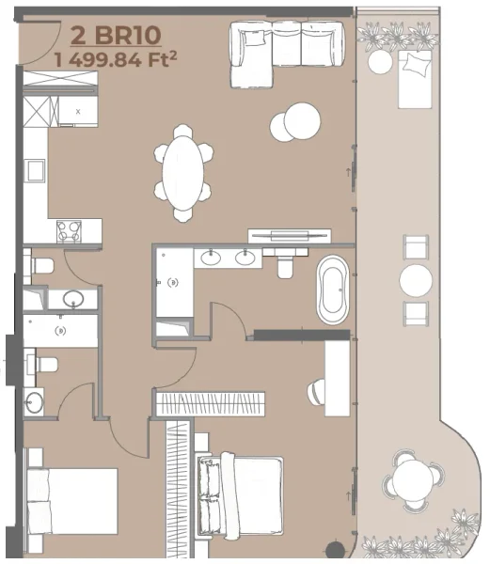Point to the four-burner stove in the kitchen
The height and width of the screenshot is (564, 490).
(69, 230)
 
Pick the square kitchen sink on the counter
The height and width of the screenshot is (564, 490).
(35, 169)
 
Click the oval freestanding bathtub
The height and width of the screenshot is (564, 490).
(333, 289)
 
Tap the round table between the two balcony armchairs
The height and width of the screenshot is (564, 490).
(415, 280)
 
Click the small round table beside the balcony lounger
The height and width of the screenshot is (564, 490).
(380, 62)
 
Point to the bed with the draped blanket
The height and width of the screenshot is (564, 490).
(241, 493)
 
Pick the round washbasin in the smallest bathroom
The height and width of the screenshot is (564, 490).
(35, 402)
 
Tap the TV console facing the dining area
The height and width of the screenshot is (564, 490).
(289, 235)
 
